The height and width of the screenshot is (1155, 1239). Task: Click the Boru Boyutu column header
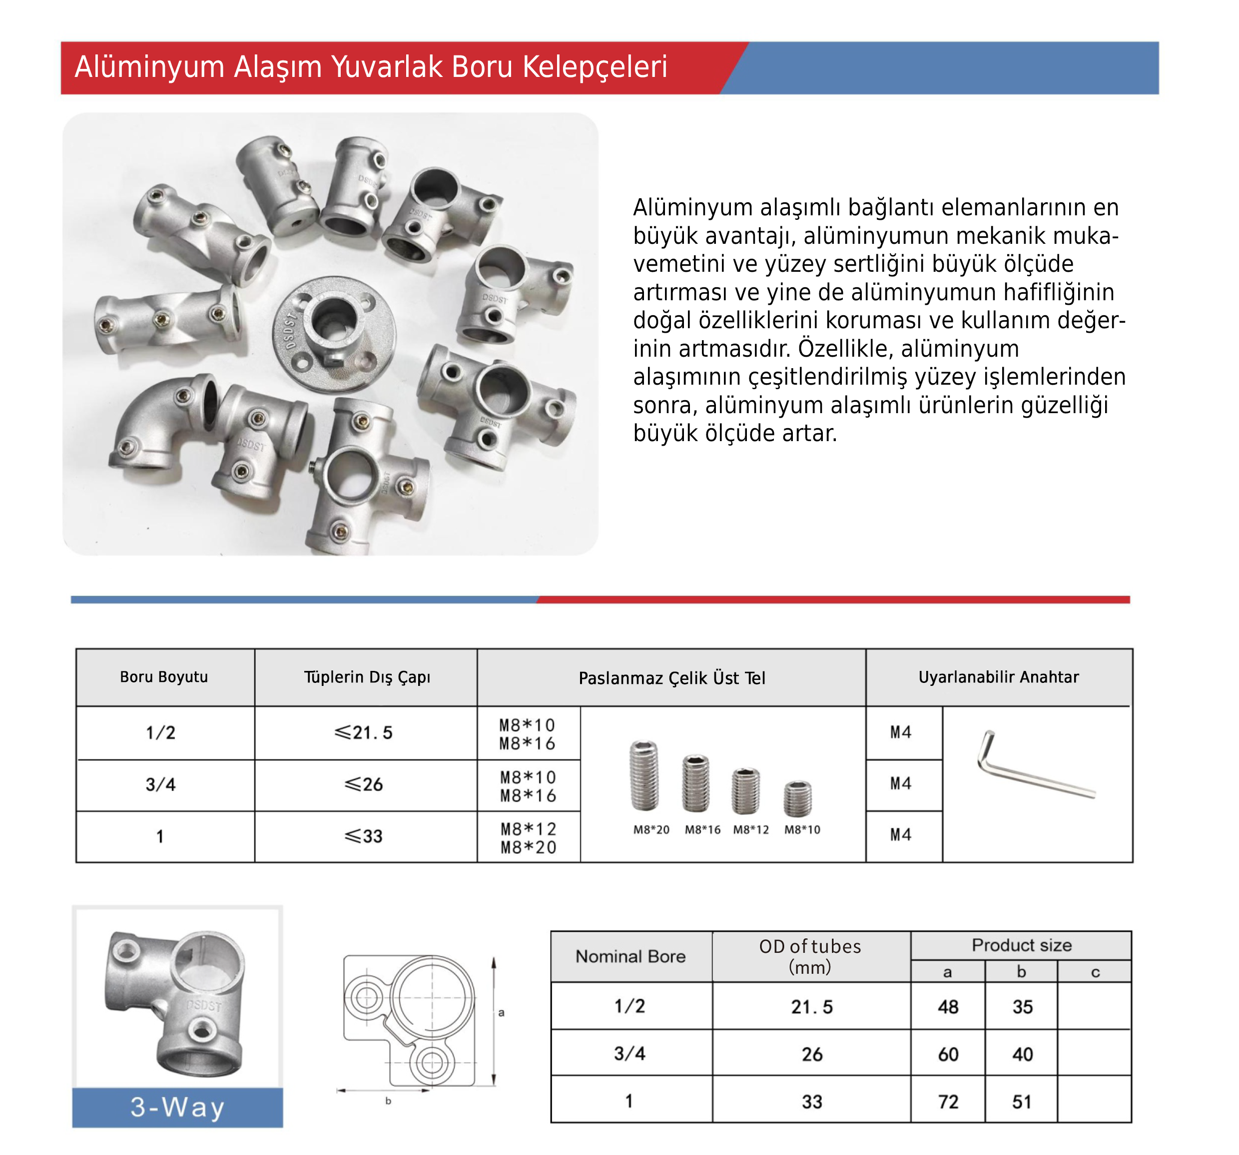164,677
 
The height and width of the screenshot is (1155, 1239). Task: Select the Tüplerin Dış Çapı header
367,677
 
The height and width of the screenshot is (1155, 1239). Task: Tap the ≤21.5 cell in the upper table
364,732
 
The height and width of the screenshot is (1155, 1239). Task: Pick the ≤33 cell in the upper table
364,836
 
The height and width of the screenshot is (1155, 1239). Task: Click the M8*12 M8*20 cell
528,838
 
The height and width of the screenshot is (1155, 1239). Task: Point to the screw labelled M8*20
644,775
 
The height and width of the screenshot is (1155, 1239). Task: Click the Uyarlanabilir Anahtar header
998,677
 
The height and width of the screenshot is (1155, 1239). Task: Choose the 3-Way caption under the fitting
178,1107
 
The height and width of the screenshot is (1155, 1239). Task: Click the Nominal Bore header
630,956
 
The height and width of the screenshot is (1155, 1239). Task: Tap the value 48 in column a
948,1007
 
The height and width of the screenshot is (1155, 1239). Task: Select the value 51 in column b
1022,1102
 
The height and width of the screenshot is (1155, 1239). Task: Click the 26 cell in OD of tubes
811,1054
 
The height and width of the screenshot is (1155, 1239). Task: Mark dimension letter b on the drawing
388,1101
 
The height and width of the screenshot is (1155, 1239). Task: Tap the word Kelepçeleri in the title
594,67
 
